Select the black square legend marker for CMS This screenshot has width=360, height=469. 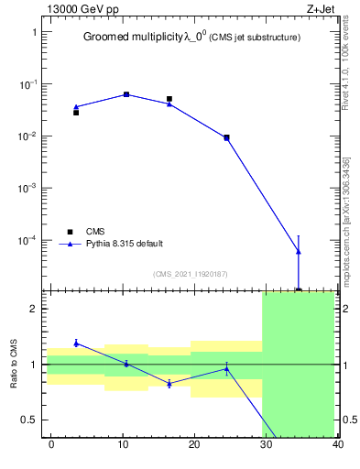[70, 232]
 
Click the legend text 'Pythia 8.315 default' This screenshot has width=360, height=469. [125, 244]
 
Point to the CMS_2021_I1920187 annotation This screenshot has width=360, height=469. [191, 273]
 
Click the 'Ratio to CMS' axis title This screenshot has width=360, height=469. [14, 364]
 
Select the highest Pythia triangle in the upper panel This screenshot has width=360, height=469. [126, 93]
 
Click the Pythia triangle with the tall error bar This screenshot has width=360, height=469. [299, 251]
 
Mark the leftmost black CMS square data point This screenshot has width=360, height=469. [76, 113]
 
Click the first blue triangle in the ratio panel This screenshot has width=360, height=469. [76, 343]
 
